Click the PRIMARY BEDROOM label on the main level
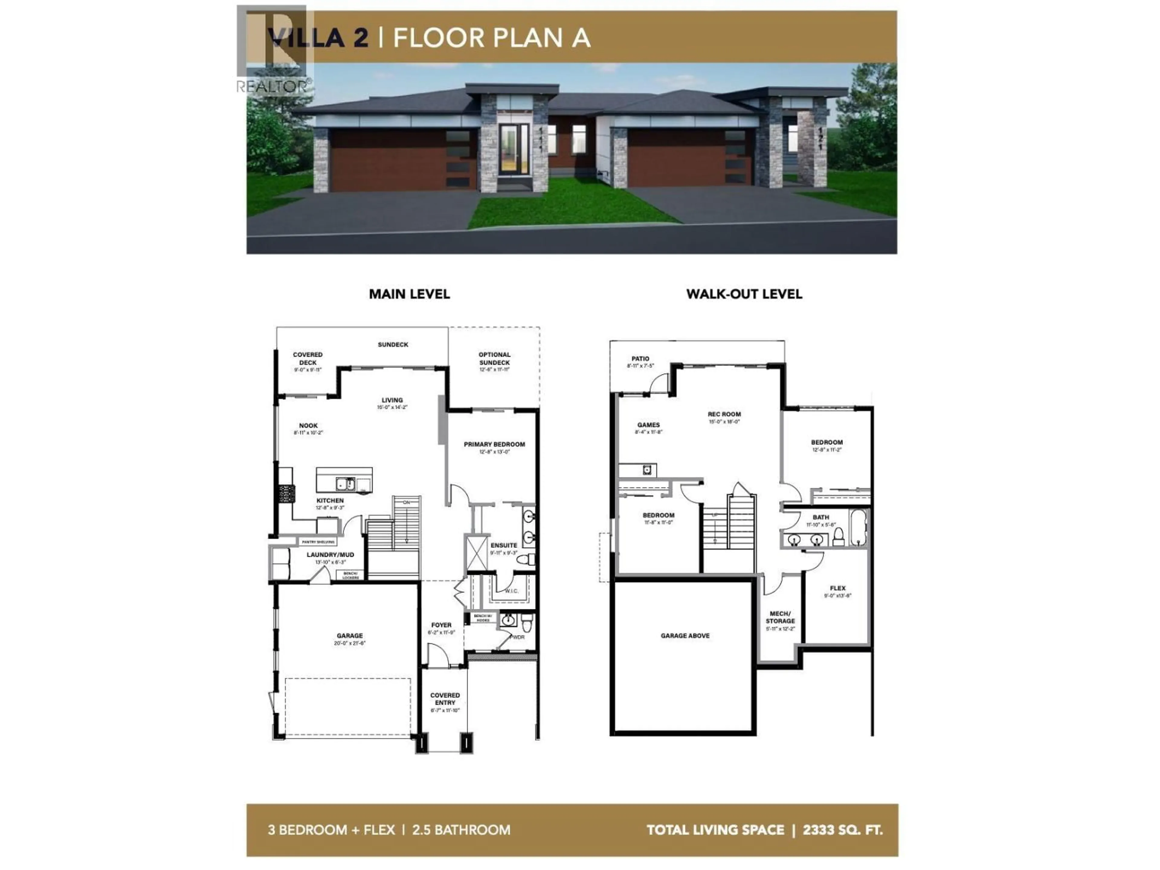point(494,444)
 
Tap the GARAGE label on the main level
point(350,636)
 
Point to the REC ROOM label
point(724,414)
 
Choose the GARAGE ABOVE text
point(685,636)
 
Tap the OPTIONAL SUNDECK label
point(494,358)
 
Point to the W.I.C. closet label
point(511,591)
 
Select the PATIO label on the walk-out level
point(640,359)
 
